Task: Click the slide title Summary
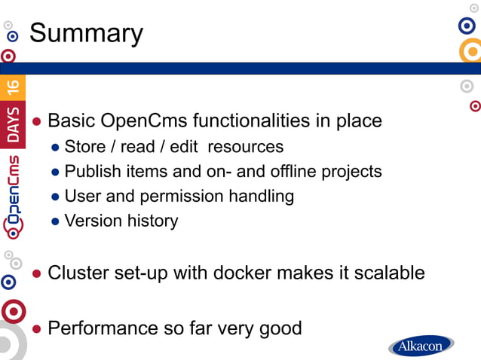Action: [x=86, y=33]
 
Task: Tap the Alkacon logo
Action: [x=421, y=346]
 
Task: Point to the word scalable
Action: [x=387, y=272]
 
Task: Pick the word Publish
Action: [x=90, y=171]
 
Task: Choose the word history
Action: [x=151, y=221]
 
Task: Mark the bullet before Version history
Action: [x=55, y=222]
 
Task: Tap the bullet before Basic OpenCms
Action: [x=37, y=122]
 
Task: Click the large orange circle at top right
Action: [x=471, y=51]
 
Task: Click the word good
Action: [x=279, y=328]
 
